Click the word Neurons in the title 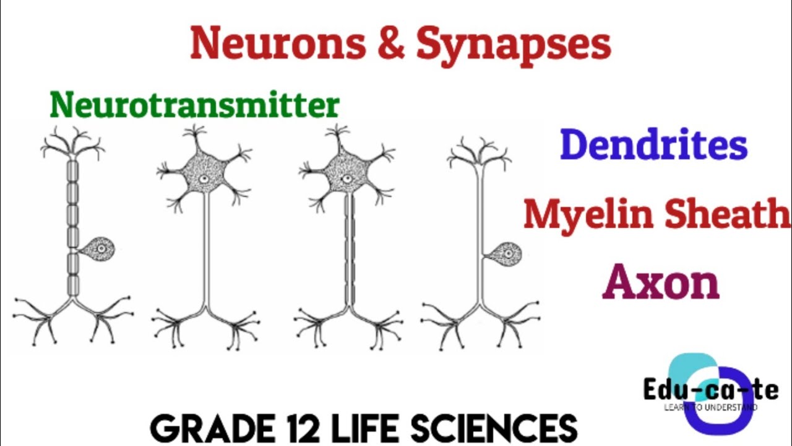(x=278, y=43)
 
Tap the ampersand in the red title (x=390, y=43)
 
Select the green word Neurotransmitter (x=195, y=105)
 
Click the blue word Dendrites (x=654, y=144)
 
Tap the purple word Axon (x=661, y=283)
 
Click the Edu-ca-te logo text (x=711, y=390)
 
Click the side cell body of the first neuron (x=99, y=249)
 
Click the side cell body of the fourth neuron (x=504, y=255)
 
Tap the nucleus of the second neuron (x=203, y=179)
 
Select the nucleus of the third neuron (x=346, y=179)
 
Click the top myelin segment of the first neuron (x=72, y=171)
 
